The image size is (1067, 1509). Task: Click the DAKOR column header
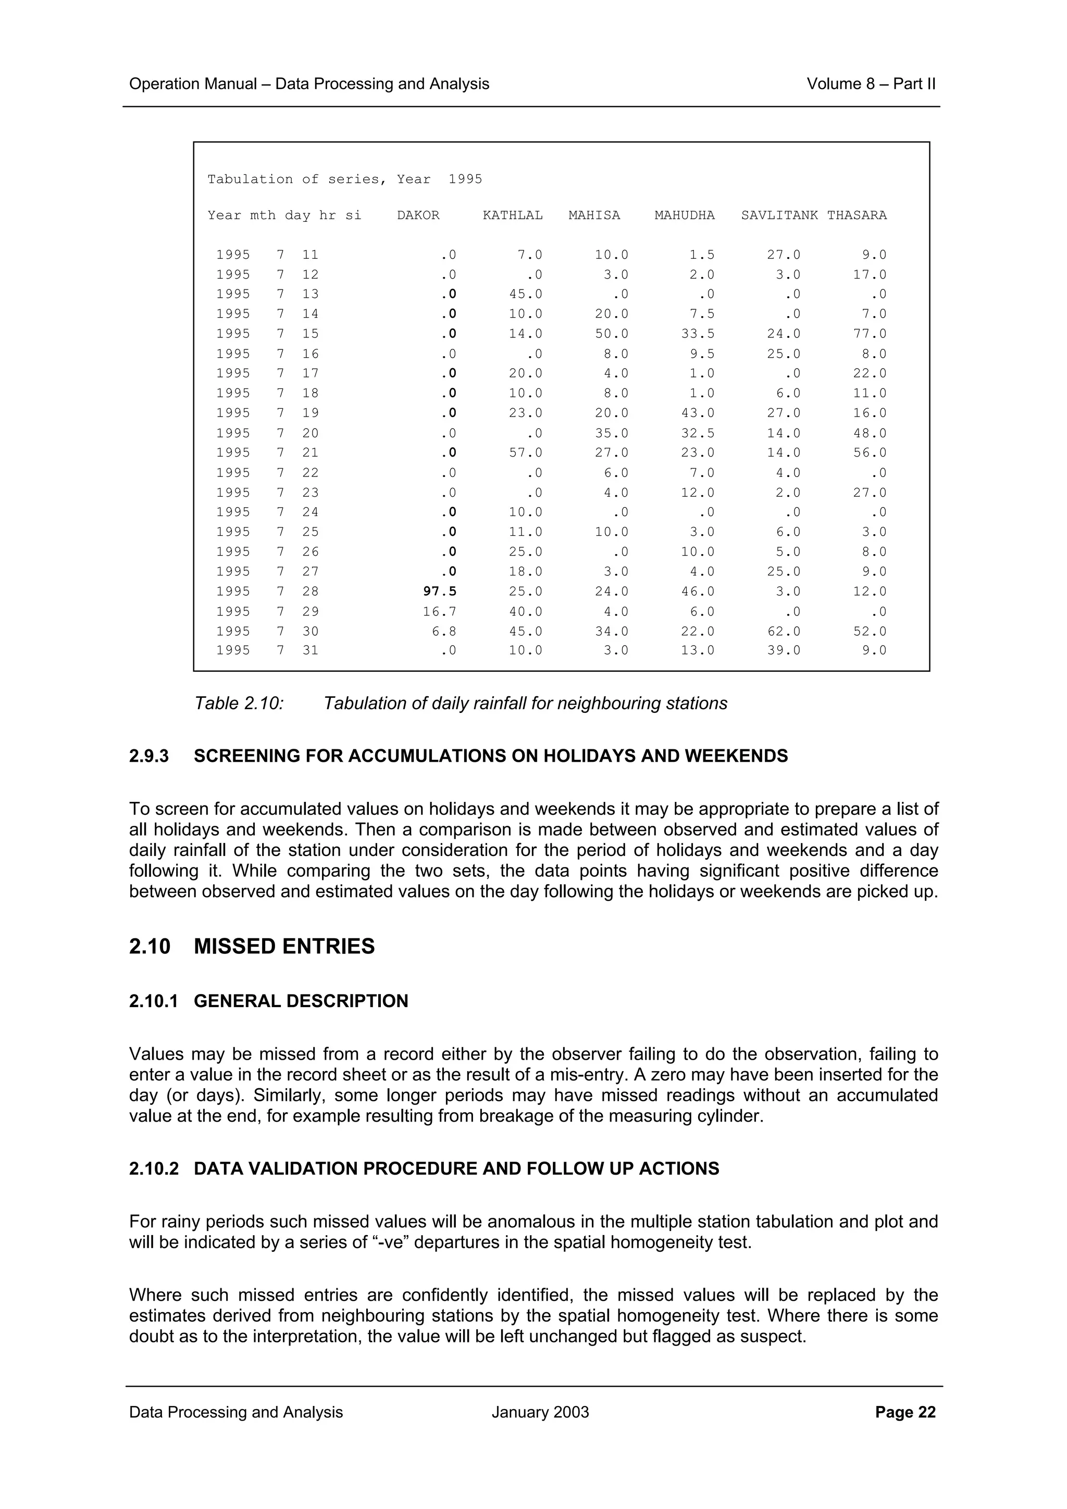[418, 216]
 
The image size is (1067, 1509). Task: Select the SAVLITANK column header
[779, 216]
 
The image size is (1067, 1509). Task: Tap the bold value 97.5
[439, 592]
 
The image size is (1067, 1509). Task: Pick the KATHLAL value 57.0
[525, 453]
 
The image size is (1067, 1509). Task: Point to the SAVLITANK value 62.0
[784, 632]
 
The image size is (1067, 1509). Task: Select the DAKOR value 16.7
[439, 612]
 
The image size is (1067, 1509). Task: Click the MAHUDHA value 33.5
[698, 334]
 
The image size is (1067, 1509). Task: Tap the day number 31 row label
[311, 651]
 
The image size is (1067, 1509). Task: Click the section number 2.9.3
[148, 757]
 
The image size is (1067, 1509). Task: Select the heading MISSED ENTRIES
[284, 947]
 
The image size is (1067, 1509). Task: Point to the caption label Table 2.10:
[239, 704]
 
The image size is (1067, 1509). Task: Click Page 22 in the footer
[905, 1412]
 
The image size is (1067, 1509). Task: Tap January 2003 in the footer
[540, 1412]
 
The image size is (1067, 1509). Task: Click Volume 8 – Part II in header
[871, 84]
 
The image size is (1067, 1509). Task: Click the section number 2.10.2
[154, 1168]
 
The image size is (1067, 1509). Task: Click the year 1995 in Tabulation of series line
[465, 180]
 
